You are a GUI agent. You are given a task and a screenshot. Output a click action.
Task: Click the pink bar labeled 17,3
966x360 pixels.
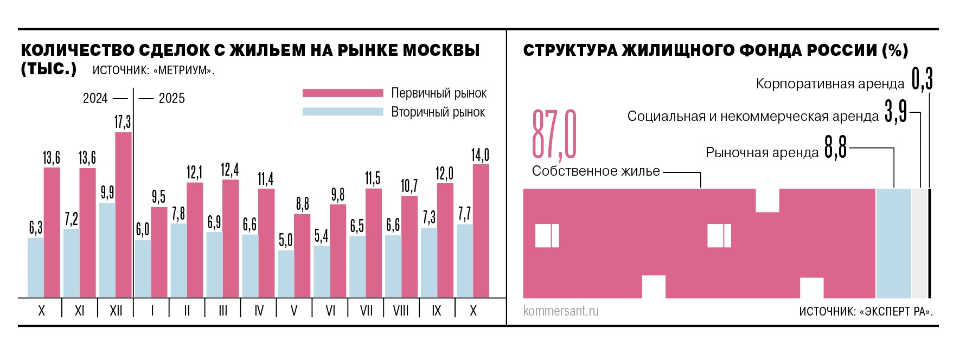pyautogui.click(x=123, y=215)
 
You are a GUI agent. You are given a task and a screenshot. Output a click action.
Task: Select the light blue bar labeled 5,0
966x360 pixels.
pyautogui.click(x=286, y=274)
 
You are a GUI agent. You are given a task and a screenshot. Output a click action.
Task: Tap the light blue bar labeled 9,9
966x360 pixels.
pyautogui.click(x=107, y=250)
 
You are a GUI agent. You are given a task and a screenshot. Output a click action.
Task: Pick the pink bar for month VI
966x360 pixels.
pyautogui.click(x=338, y=250)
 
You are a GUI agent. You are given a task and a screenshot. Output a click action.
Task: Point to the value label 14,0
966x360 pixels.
pyautogui.click(x=480, y=155)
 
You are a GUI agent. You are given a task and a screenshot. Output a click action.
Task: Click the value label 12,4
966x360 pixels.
pyautogui.click(x=229, y=170)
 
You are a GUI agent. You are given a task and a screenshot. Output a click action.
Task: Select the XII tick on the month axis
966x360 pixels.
pyautogui.click(x=116, y=311)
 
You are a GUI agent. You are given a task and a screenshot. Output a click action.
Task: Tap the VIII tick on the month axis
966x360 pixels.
pyautogui.click(x=401, y=311)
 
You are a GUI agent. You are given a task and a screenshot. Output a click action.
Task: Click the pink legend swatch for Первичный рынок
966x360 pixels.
pyautogui.click(x=343, y=93)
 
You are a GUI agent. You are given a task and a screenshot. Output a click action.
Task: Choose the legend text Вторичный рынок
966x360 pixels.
pyautogui.click(x=438, y=112)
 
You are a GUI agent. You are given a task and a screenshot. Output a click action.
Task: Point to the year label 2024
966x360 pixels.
pyautogui.click(x=95, y=98)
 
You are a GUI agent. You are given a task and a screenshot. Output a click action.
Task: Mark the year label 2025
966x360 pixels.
pyautogui.click(x=171, y=98)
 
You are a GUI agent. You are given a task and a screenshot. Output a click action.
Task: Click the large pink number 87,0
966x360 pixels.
pyautogui.click(x=554, y=134)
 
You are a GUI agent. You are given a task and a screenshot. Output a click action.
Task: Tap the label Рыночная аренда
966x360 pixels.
pyautogui.click(x=762, y=153)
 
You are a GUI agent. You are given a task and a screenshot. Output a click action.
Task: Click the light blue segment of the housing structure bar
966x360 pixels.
pyautogui.click(x=893, y=243)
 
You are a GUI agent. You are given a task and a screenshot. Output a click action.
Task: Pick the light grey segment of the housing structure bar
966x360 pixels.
pyautogui.click(x=920, y=243)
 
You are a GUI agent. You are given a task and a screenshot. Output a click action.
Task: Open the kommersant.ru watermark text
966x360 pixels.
pyautogui.click(x=561, y=311)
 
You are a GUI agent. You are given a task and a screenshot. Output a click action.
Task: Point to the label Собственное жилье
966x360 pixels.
pyautogui.click(x=596, y=171)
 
